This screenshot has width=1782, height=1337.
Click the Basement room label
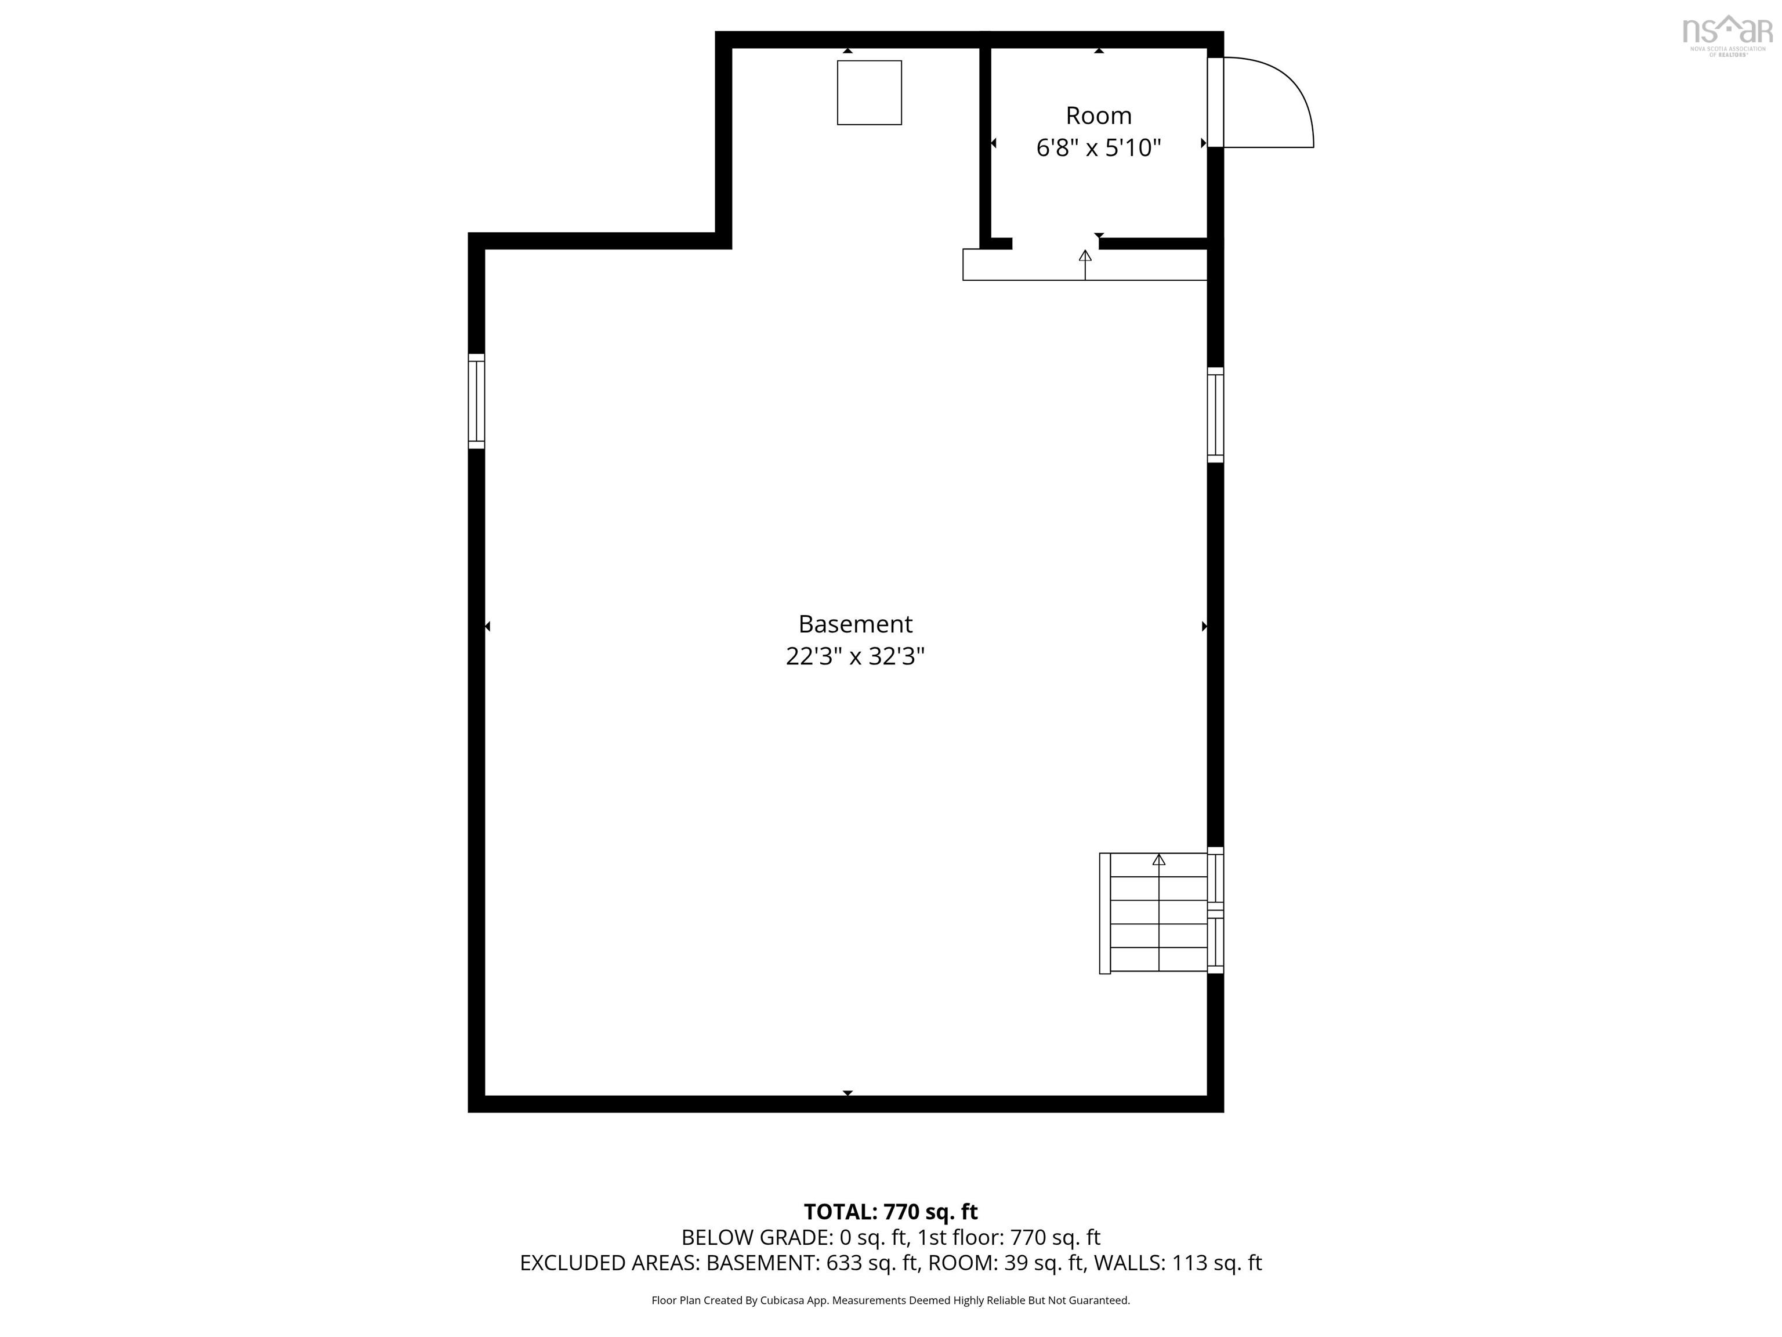(x=855, y=624)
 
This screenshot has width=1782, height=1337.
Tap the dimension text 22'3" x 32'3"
(x=855, y=657)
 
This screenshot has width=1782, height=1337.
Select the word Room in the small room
(x=1098, y=116)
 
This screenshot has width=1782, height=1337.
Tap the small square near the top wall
(x=870, y=93)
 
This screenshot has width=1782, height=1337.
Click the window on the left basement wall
(x=476, y=400)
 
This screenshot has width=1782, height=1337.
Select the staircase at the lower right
(x=1158, y=912)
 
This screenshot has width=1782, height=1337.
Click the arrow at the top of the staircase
(x=1158, y=860)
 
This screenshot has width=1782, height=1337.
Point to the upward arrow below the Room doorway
(x=1085, y=256)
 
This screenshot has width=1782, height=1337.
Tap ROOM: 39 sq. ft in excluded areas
(x=1005, y=1263)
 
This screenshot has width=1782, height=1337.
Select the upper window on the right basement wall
(x=1215, y=414)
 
